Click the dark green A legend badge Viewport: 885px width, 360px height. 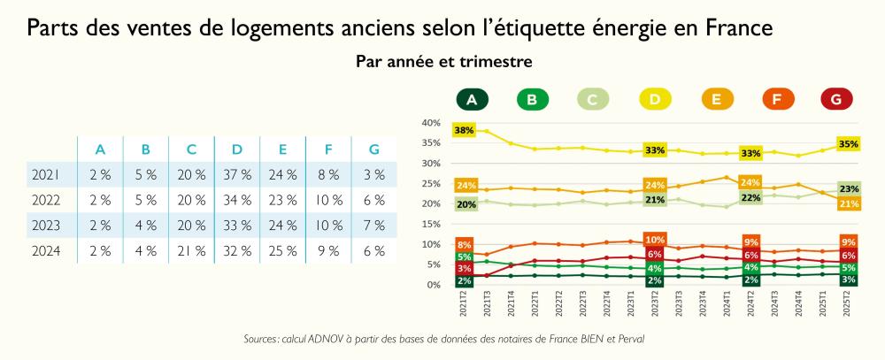coord(472,100)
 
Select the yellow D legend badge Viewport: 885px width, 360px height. coord(653,100)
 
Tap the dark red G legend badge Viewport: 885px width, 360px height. coord(836,100)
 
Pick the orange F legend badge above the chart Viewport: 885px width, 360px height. coord(775,100)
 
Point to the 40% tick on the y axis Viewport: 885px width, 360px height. coord(431,123)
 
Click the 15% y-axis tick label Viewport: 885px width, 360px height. coord(431,225)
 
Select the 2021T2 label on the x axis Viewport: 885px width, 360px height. coord(464,306)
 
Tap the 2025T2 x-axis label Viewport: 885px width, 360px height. coord(848,306)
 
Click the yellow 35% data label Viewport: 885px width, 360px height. coord(848,142)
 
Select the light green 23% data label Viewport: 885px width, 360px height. coord(848,188)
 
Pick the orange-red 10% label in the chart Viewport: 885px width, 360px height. coord(655,240)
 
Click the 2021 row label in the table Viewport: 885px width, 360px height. coord(46,174)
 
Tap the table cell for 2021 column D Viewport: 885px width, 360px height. coord(237,174)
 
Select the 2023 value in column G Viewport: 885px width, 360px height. coord(374,225)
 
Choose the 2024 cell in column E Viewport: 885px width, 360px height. coord(283,250)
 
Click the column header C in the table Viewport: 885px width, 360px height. coord(191,149)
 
